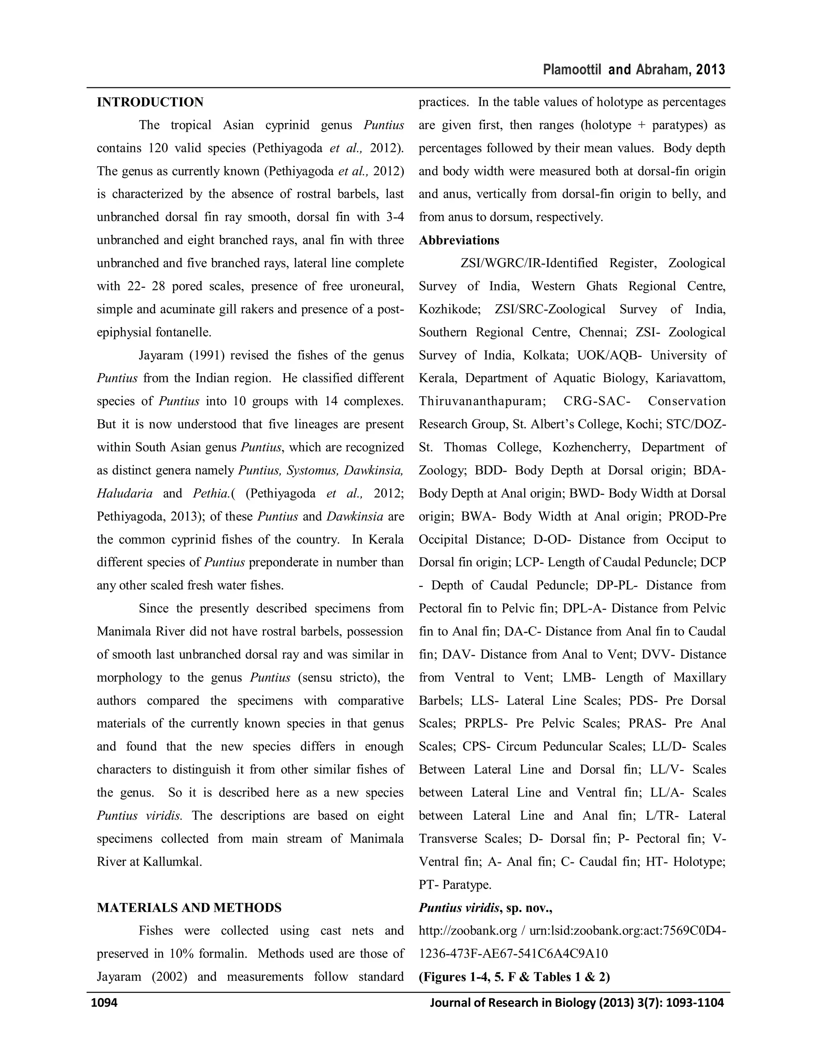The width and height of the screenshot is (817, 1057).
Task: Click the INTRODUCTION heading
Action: tap(150, 102)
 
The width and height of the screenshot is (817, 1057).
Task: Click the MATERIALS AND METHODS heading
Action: tap(189, 907)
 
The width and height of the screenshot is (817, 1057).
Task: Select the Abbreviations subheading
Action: tap(459, 240)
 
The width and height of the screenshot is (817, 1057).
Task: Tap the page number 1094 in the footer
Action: tap(105, 1002)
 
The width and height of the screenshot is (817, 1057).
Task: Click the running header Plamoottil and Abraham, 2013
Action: tap(633, 70)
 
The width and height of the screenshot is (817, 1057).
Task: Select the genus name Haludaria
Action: tap(124, 493)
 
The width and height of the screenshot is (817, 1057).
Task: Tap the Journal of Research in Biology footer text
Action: tap(576, 1002)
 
